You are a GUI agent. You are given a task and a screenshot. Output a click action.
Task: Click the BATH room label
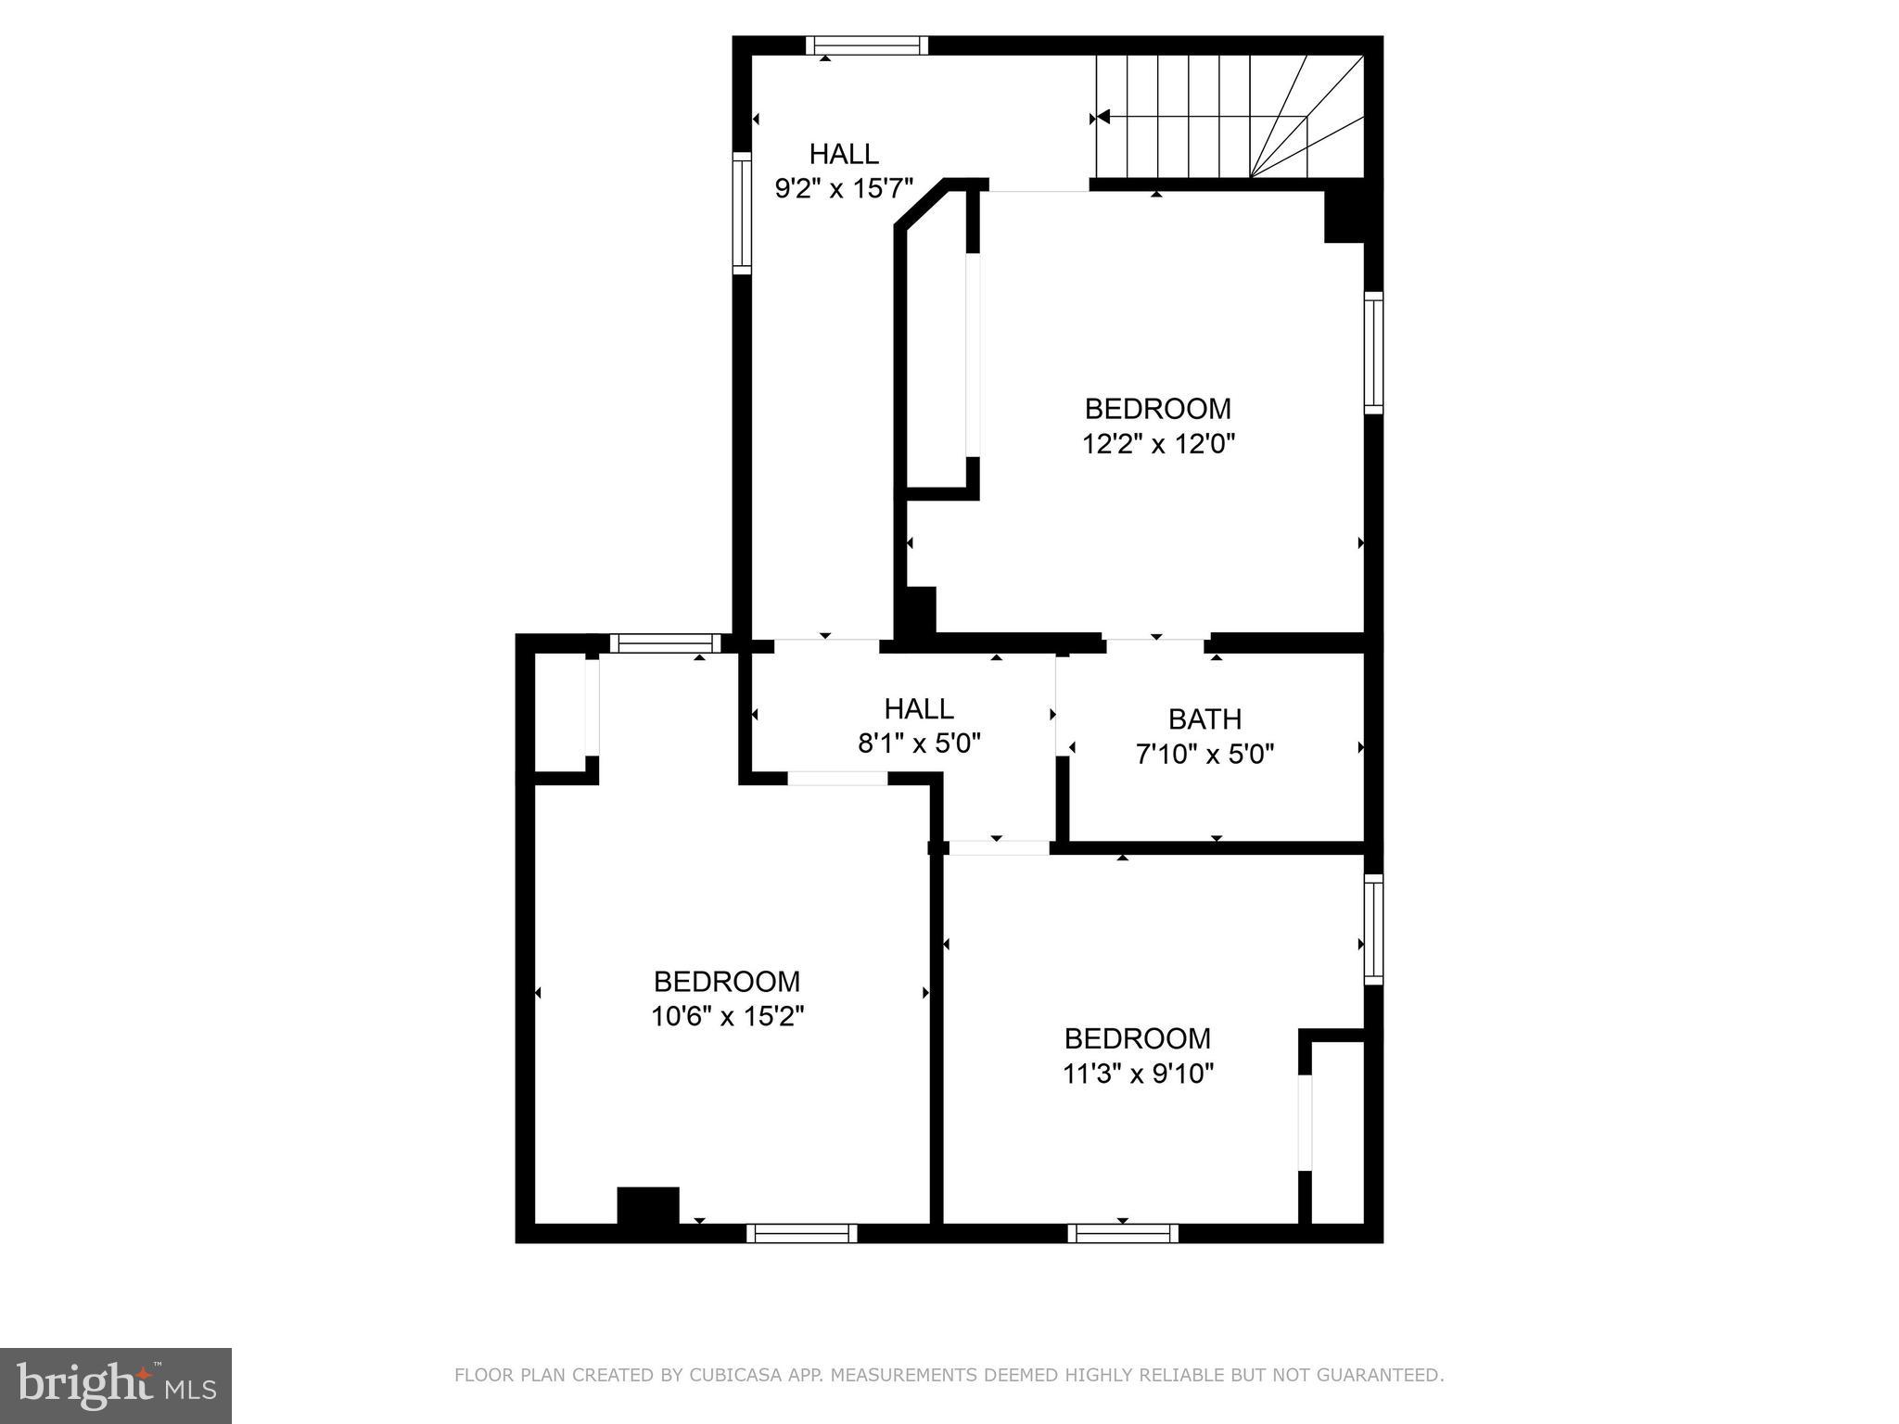[x=1204, y=719]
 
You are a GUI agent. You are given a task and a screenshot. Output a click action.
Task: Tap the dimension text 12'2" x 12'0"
[x=1158, y=445]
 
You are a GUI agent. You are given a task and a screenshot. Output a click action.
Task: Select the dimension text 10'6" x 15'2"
[x=727, y=1017]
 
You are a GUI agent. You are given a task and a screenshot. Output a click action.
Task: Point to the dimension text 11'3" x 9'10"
[x=1138, y=1074]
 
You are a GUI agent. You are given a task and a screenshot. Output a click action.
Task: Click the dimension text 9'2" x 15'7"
[x=844, y=189]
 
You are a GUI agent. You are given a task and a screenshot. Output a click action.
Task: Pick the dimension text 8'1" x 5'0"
[x=919, y=744]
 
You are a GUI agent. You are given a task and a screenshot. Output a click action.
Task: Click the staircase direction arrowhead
[x=1102, y=118]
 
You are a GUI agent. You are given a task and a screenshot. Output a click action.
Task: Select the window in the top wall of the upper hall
[x=866, y=45]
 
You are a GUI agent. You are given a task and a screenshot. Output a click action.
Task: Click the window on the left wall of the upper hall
[x=742, y=213]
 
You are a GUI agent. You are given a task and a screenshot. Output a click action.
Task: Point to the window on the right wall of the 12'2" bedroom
[x=1373, y=352]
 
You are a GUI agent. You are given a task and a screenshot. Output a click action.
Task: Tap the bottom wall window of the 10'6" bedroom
[x=801, y=1233]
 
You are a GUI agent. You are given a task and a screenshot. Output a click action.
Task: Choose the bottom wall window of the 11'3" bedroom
[x=1122, y=1233]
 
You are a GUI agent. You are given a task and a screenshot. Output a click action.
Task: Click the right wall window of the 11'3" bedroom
[x=1373, y=929]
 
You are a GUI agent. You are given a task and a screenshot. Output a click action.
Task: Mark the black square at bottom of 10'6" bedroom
[x=648, y=1205]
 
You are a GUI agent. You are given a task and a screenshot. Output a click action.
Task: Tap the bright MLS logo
[x=116, y=1386]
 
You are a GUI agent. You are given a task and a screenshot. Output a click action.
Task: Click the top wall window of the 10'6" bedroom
[x=665, y=643]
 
